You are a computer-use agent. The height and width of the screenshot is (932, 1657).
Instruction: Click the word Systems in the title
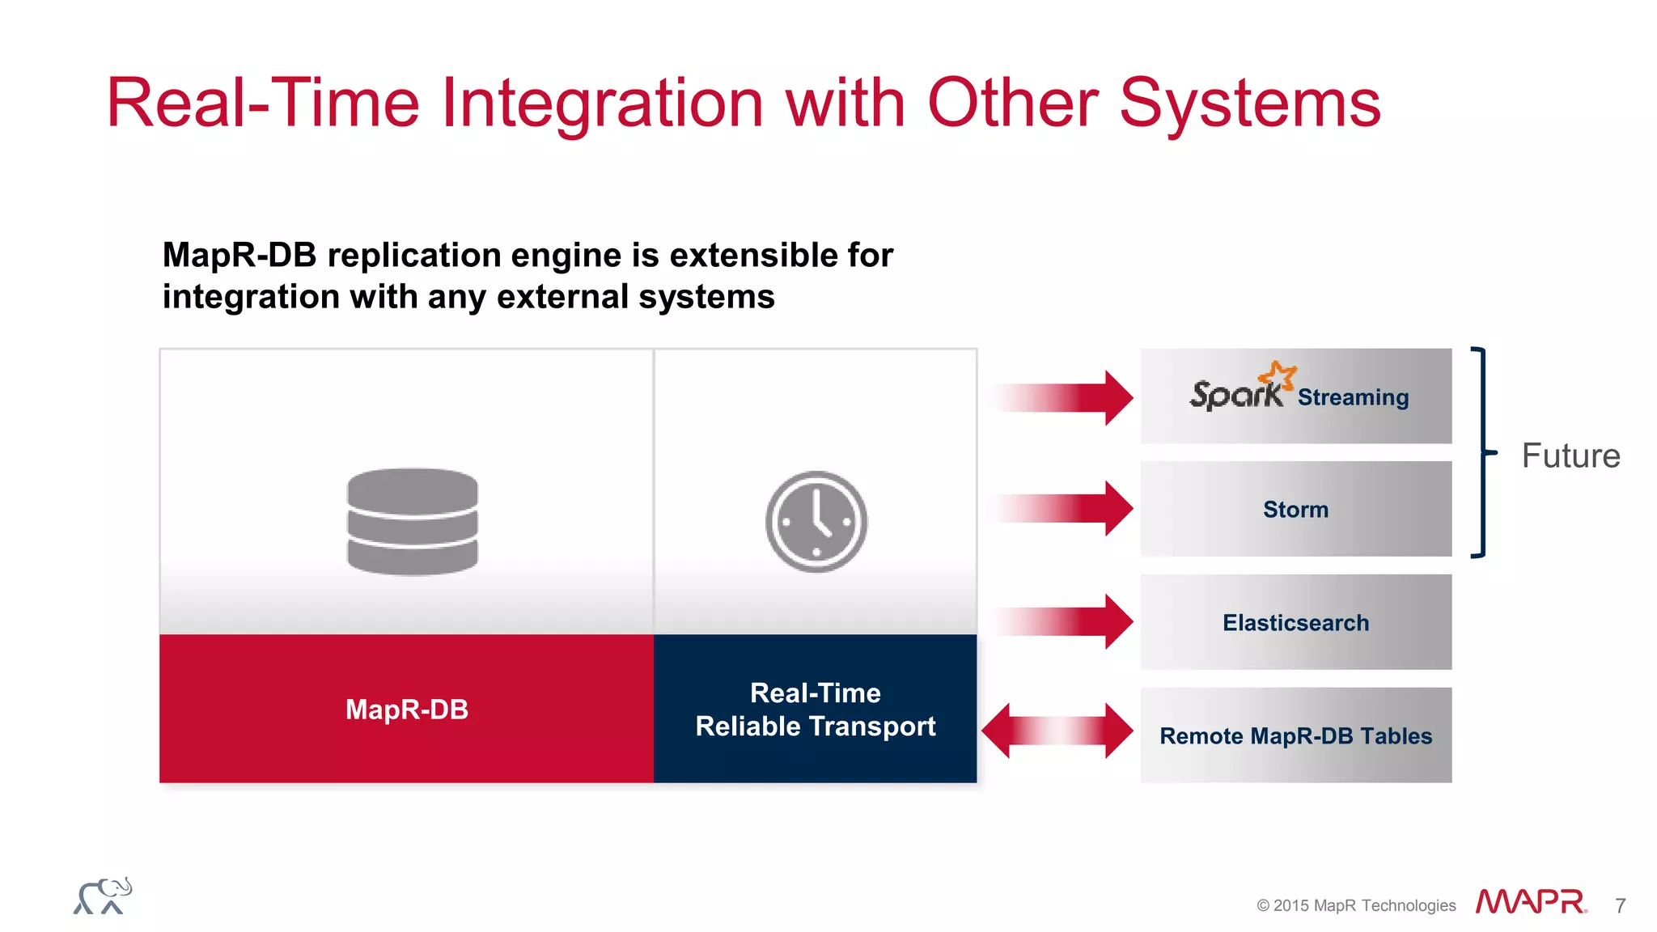click(x=1250, y=104)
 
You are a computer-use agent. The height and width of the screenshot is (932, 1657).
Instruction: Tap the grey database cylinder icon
click(x=413, y=522)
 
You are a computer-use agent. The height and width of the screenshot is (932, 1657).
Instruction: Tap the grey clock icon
click(x=816, y=522)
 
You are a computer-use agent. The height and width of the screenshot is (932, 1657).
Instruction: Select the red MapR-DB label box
click(x=406, y=709)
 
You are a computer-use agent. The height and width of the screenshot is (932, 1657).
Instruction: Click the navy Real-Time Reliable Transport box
click(x=815, y=709)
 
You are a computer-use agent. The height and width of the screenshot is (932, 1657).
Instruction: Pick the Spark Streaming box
click(x=1295, y=396)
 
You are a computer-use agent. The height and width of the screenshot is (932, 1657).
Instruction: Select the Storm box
click(x=1295, y=509)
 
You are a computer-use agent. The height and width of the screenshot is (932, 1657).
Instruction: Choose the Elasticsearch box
click(x=1295, y=622)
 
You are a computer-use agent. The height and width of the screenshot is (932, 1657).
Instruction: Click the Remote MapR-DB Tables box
click(x=1295, y=735)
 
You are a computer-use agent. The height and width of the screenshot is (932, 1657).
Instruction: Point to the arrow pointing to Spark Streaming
click(x=1068, y=397)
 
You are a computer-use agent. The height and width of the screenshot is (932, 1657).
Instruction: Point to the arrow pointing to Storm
click(x=1068, y=508)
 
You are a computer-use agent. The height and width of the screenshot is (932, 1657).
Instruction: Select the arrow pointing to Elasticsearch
click(x=1068, y=621)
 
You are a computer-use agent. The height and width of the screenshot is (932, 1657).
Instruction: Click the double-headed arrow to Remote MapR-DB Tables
click(x=1057, y=731)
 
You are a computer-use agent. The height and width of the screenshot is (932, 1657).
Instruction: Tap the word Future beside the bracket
click(x=1570, y=455)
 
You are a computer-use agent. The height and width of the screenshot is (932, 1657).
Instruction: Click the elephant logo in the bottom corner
click(x=103, y=896)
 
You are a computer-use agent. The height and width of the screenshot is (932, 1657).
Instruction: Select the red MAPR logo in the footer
click(x=1530, y=901)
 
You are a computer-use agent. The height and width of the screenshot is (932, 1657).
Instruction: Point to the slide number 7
click(x=1620, y=906)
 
